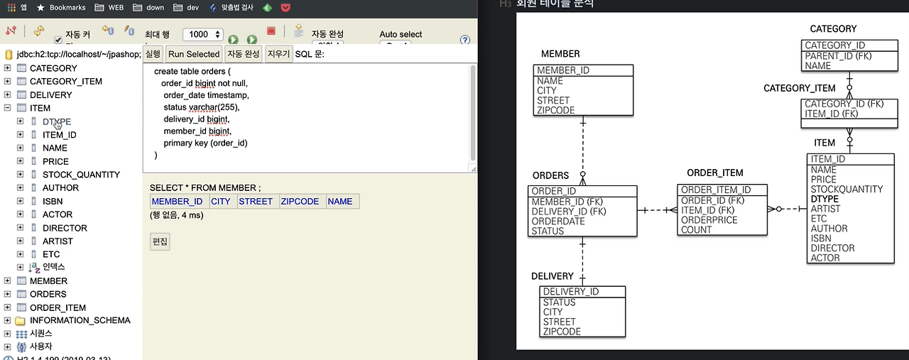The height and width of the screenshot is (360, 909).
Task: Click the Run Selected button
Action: point(194,54)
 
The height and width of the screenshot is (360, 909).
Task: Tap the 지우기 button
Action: point(279,54)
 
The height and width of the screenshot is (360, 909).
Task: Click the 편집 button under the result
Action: point(160,241)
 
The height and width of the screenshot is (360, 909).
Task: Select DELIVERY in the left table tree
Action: point(50,94)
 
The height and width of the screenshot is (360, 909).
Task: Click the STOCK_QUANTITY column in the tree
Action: point(81,175)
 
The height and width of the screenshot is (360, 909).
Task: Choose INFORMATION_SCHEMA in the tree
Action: point(80,320)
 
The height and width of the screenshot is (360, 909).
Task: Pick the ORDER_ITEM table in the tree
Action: point(58,307)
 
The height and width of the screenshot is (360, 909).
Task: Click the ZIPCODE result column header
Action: point(300,202)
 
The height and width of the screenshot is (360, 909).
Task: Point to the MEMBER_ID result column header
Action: point(178,202)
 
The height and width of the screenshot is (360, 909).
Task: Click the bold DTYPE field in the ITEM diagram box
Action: point(824,200)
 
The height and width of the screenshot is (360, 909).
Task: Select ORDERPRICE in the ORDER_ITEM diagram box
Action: point(709,220)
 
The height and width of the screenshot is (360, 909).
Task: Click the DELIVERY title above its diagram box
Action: point(552,276)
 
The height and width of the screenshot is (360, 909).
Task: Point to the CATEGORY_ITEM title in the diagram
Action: point(799,88)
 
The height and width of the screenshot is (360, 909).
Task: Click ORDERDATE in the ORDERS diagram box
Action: point(558,222)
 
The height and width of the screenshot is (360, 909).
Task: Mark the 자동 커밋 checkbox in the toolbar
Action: point(58,40)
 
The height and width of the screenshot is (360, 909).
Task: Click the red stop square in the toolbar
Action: point(271,31)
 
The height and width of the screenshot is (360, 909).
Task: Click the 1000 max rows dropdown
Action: point(202,34)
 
